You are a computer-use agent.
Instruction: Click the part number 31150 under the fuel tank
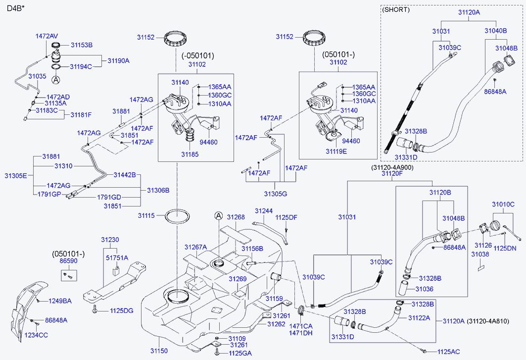click(160, 351)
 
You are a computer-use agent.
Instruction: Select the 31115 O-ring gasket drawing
click(177, 216)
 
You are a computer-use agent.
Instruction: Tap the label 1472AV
click(47, 36)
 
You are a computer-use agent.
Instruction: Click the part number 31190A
click(118, 60)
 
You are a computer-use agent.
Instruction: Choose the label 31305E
click(16, 175)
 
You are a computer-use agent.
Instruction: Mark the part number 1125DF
click(286, 217)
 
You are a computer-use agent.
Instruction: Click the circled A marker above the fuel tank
click(219, 215)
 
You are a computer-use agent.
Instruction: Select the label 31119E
click(336, 151)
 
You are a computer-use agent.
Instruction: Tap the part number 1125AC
click(449, 352)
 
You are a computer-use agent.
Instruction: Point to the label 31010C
click(503, 204)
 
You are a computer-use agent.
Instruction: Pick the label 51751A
click(117, 257)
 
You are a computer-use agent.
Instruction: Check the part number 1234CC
click(37, 335)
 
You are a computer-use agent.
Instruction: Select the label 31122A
click(419, 317)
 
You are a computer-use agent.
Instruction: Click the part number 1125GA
click(240, 353)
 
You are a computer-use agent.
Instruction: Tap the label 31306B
click(158, 190)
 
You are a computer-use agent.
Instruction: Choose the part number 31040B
click(495, 31)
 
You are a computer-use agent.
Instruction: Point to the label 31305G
click(276, 194)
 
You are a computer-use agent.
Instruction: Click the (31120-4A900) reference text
click(392, 167)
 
